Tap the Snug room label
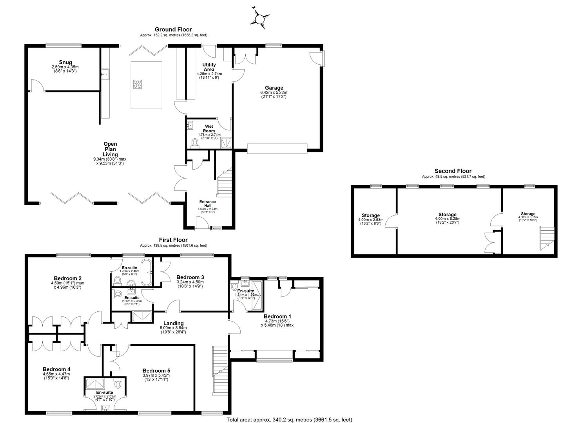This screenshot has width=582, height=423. [x=65, y=62]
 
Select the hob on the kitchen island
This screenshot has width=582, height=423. [x=138, y=84]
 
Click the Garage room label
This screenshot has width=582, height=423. [x=274, y=88]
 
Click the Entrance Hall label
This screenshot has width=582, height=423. [x=207, y=204]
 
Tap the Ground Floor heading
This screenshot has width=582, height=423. [x=173, y=29]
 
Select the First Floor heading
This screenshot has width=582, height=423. [x=173, y=240]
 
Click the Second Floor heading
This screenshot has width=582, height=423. [x=453, y=171]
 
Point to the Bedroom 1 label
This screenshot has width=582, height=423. [x=277, y=316]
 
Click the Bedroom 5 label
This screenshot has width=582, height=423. [x=156, y=371]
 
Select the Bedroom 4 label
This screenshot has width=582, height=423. [x=56, y=369]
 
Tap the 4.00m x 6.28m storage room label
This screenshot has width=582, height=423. [x=447, y=215]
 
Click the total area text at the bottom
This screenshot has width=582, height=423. [x=289, y=419]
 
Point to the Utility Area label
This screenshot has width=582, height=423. [x=209, y=67]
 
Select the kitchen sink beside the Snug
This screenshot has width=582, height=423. [x=105, y=74]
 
